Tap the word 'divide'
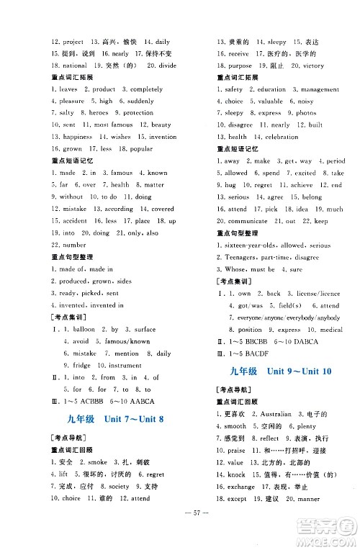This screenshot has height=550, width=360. tap(166, 65)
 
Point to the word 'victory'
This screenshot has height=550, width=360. tap(314, 66)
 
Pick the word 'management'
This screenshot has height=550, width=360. tap(320, 89)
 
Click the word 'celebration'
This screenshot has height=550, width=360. tap(281, 137)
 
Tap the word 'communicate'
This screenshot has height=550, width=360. tap(248, 221)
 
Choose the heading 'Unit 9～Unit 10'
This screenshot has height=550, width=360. tap(299, 371)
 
